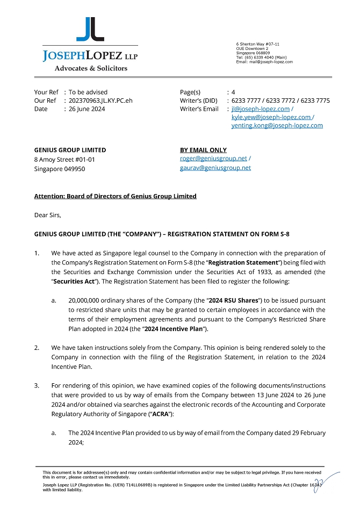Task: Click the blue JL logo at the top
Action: pyautogui.click(x=90, y=29)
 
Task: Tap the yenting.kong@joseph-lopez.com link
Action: pyautogui.click(x=277, y=125)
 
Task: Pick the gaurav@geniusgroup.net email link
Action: pyautogui.click(x=215, y=168)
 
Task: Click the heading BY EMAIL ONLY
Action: pyautogui.click(x=203, y=150)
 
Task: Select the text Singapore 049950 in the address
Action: pyautogui.click(x=59, y=169)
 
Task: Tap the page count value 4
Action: pyautogui.click(x=233, y=92)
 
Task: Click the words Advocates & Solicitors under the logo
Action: pyautogui.click(x=91, y=68)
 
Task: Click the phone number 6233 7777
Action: pyautogui.click(x=245, y=101)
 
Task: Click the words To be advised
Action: pyautogui.click(x=88, y=92)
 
